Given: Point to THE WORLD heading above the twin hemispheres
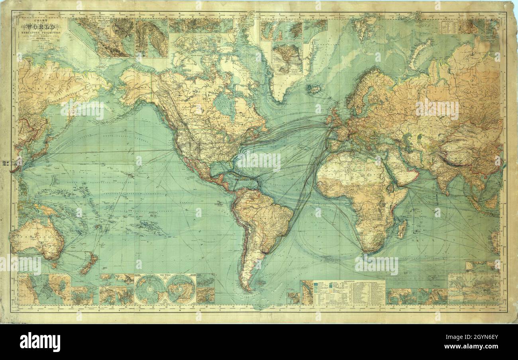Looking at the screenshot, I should coord(165,275).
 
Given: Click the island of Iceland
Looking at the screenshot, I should coord(314,89).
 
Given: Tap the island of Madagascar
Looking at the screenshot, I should coord(402,229).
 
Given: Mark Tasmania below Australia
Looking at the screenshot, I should coord(54,264).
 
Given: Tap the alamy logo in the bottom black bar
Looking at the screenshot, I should coord(40,342).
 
